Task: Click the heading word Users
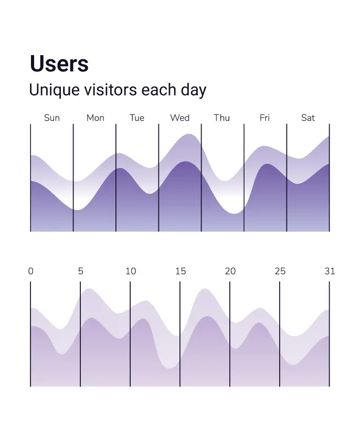point(59,64)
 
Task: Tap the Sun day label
point(52,118)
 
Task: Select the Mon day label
point(95,118)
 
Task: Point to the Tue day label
point(137,118)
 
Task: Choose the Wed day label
point(179,118)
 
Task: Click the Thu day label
point(221,118)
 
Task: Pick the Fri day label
point(264,118)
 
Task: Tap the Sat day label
point(308,118)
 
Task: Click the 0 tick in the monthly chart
point(30,271)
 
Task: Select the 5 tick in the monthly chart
point(80,271)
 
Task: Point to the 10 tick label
point(131,271)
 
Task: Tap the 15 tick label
point(181,271)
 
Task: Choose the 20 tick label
point(230,271)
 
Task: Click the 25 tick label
point(280,271)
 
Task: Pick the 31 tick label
point(330,271)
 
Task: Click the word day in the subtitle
point(194,90)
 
